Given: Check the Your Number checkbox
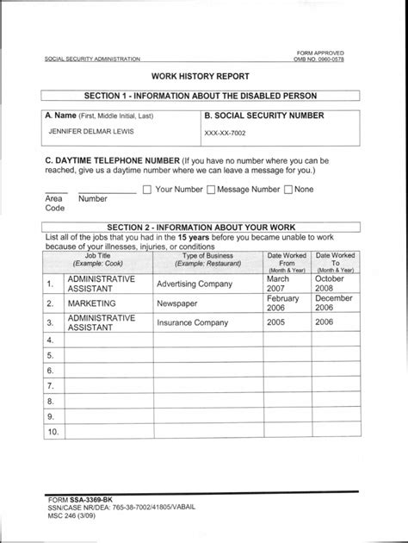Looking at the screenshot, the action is pyautogui.click(x=146, y=190).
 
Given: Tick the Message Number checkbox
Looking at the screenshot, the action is pyautogui.click(x=210, y=190).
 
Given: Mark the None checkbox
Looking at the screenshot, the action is pyautogui.click(x=288, y=190).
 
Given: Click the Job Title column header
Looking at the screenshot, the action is pyautogui.click(x=92, y=259).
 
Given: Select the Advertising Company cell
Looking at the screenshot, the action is pyautogui.click(x=195, y=284).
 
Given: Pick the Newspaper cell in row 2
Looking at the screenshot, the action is pyautogui.click(x=177, y=303).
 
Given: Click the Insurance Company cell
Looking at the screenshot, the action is pyautogui.click(x=192, y=323).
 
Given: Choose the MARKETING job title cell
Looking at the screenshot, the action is pyautogui.click(x=91, y=303).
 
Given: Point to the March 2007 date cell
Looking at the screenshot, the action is pyautogui.click(x=279, y=284).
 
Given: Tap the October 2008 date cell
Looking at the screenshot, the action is pyautogui.click(x=330, y=284).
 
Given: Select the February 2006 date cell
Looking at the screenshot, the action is pyautogui.click(x=282, y=303).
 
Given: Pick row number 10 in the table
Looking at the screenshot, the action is pyautogui.click(x=53, y=432).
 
